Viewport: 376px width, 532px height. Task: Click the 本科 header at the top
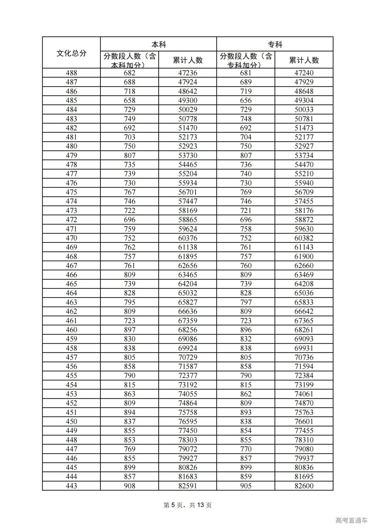(159, 45)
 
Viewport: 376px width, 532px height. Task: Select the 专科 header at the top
(275, 45)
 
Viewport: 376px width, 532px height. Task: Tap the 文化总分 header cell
(71, 53)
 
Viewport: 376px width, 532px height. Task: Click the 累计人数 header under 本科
(188, 60)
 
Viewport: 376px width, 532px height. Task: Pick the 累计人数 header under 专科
(304, 60)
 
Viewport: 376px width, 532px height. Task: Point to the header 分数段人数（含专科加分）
(246, 60)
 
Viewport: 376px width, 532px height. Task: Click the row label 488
(71, 73)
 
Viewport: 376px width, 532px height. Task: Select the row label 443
(71, 486)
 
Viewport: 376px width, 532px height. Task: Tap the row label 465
(71, 284)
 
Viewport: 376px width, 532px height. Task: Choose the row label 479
(71, 155)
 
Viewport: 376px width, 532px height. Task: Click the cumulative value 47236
(188, 73)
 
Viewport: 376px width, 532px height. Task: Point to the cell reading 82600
(304, 486)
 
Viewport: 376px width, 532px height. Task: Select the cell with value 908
(129, 486)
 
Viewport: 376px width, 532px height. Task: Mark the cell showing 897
(129, 329)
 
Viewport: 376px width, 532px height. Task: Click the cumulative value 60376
(188, 238)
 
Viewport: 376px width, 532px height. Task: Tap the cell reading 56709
(304, 192)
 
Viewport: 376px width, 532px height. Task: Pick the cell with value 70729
(188, 357)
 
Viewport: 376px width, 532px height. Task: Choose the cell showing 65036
(304, 293)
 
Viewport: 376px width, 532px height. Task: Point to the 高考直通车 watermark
(351, 521)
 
